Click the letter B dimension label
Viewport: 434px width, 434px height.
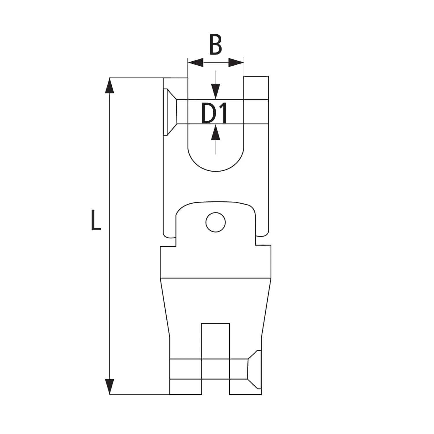(216, 45)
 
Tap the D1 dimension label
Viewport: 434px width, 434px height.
(214, 114)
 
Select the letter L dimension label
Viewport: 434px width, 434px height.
(96, 220)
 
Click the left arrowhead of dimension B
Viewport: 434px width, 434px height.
(196, 62)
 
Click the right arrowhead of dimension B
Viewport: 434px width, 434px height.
(236, 62)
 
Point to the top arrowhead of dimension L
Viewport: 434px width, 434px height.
(109, 85)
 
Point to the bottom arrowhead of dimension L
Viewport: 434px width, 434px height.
(109, 387)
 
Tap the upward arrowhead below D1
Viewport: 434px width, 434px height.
(216, 132)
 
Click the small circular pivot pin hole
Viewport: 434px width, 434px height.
(215, 222)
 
